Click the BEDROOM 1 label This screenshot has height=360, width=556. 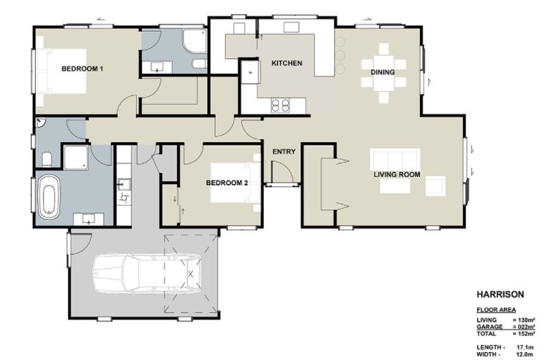click(x=82, y=69)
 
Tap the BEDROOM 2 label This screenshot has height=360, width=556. click(x=226, y=183)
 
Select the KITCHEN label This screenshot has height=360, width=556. click(x=287, y=63)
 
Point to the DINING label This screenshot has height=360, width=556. click(x=382, y=72)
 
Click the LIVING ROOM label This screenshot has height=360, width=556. click(x=396, y=174)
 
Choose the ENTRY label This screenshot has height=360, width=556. click(x=284, y=151)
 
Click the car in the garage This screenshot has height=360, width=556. click(x=146, y=274)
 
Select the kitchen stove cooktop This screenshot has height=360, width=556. click(x=280, y=105)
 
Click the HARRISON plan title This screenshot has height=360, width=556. click(x=501, y=295)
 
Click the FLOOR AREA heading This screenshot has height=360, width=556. click(x=497, y=310)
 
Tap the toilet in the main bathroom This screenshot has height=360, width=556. click(x=47, y=158)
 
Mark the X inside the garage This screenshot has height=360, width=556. click(x=191, y=274)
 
